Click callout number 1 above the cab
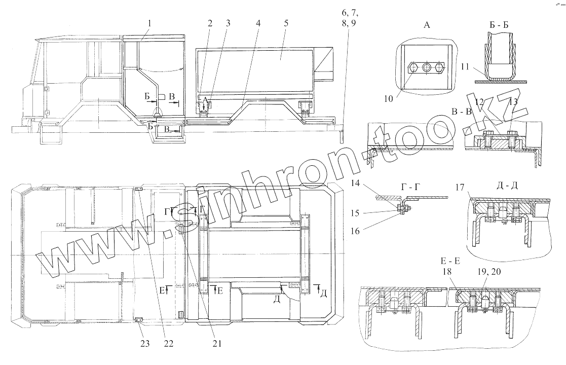149,23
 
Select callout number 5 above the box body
286,23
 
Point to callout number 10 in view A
389,98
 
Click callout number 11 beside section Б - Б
465,66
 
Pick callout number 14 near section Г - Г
356,184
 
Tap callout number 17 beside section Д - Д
460,188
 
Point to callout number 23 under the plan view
145,343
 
